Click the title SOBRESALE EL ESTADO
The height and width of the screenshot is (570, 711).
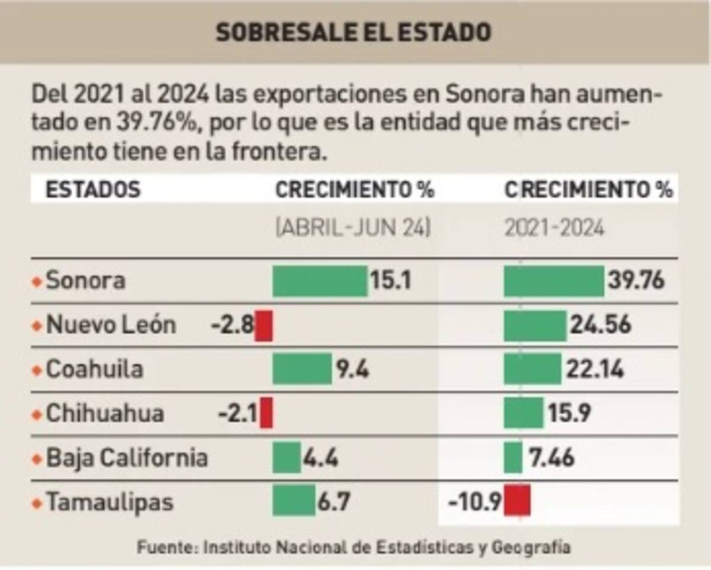point(353,33)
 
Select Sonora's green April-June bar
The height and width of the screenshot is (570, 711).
point(320,281)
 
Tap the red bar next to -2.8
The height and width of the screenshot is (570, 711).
point(264,326)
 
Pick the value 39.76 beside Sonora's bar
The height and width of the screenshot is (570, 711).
point(636,281)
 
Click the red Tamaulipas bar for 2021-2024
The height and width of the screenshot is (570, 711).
point(517,501)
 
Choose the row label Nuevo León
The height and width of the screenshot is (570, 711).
point(111,325)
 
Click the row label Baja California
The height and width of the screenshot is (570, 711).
point(127,458)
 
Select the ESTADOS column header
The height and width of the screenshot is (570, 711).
point(93,190)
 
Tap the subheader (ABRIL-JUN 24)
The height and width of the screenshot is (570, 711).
point(353,228)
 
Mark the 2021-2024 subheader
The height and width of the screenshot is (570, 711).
point(555,228)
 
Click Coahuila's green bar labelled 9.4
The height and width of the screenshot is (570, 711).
point(302,369)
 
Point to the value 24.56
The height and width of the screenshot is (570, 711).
point(600,325)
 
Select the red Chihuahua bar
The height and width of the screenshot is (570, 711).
point(267,413)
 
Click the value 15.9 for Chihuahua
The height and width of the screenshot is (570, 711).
point(569,413)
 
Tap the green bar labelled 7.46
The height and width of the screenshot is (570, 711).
point(513,458)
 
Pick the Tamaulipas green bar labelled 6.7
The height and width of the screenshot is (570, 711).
point(294,502)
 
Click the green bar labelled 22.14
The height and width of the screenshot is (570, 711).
point(532,369)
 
